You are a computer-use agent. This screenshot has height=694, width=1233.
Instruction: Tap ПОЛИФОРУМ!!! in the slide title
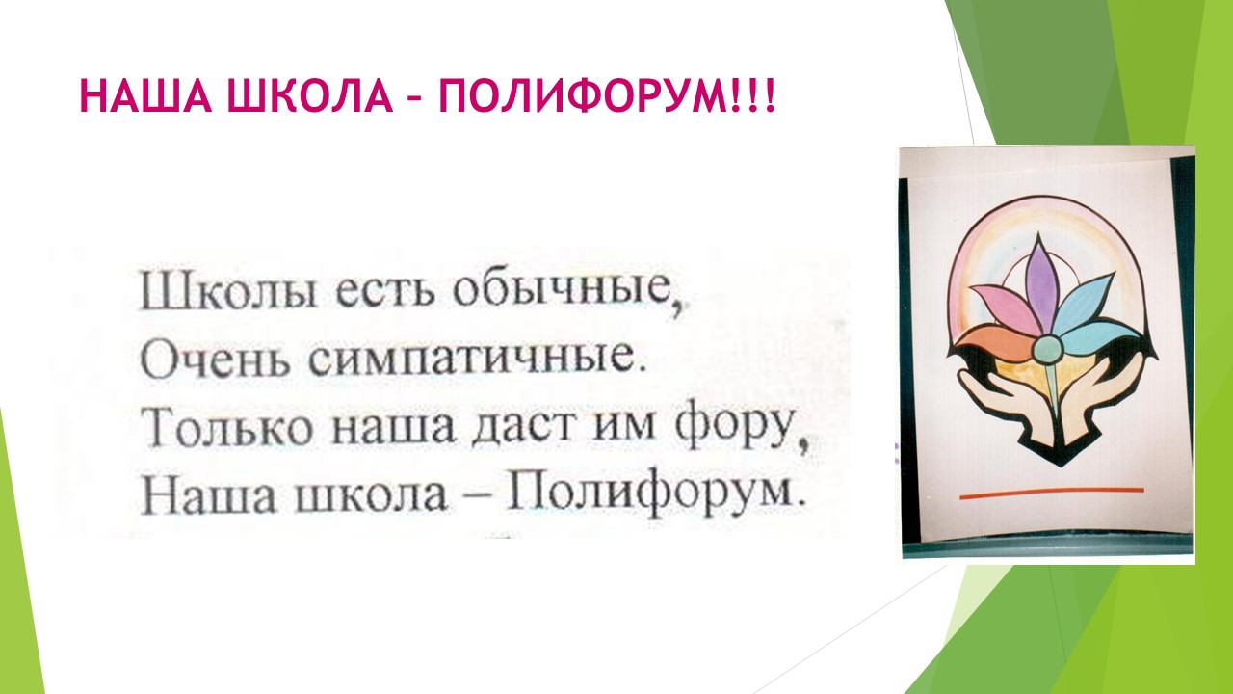[x=607, y=96]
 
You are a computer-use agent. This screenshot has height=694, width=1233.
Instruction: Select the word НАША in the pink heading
[x=145, y=96]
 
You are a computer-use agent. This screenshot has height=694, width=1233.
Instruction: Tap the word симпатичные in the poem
[x=472, y=360]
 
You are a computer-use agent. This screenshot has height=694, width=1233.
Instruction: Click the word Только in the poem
[x=230, y=430]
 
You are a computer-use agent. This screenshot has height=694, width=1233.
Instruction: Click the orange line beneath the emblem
[x=1052, y=493]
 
